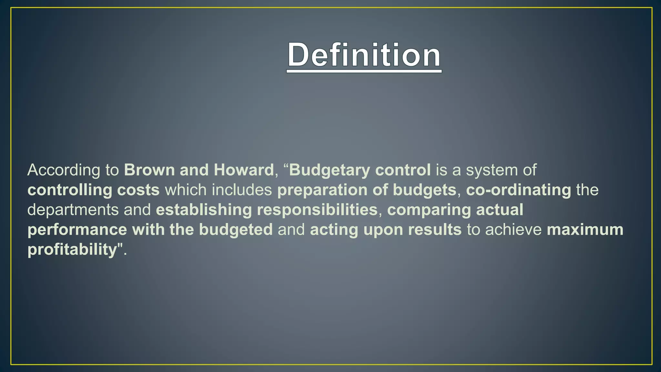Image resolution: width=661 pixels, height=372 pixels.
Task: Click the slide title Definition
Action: tap(364, 55)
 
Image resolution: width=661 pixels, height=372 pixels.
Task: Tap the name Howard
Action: tap(244, 170)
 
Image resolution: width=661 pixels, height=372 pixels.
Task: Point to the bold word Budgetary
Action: tap(329, 170)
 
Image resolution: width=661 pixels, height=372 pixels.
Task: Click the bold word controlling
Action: tap(69, 190)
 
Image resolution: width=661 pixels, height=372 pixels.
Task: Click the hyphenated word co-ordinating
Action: tap(518, 190)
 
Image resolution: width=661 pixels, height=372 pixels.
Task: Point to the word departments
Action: tap(73, 210)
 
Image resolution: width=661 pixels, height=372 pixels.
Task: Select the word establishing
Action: tap(204, 210)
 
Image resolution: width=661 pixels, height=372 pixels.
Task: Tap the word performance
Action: tap(77, 230)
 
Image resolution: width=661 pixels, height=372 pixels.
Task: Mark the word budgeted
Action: tap(236, 230)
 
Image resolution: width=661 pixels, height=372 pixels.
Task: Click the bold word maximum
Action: tap(585, 230)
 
